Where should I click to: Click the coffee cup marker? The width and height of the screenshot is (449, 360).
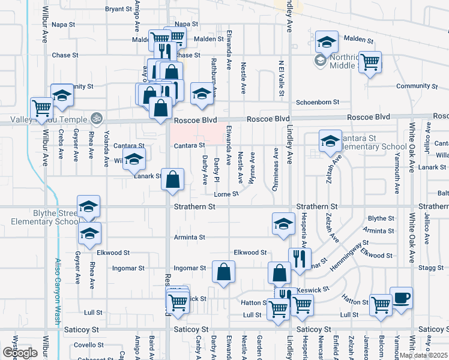point(401,298)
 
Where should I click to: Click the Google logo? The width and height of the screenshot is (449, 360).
point(20,353)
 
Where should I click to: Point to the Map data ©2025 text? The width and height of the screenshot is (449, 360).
point(423,355)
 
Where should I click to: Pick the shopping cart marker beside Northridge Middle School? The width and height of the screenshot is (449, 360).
point(370,61)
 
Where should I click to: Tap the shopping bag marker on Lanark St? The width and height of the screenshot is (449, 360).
point(173,179)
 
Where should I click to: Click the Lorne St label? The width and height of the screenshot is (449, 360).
point(226,194)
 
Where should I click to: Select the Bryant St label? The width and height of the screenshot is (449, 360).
point(118,9)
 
